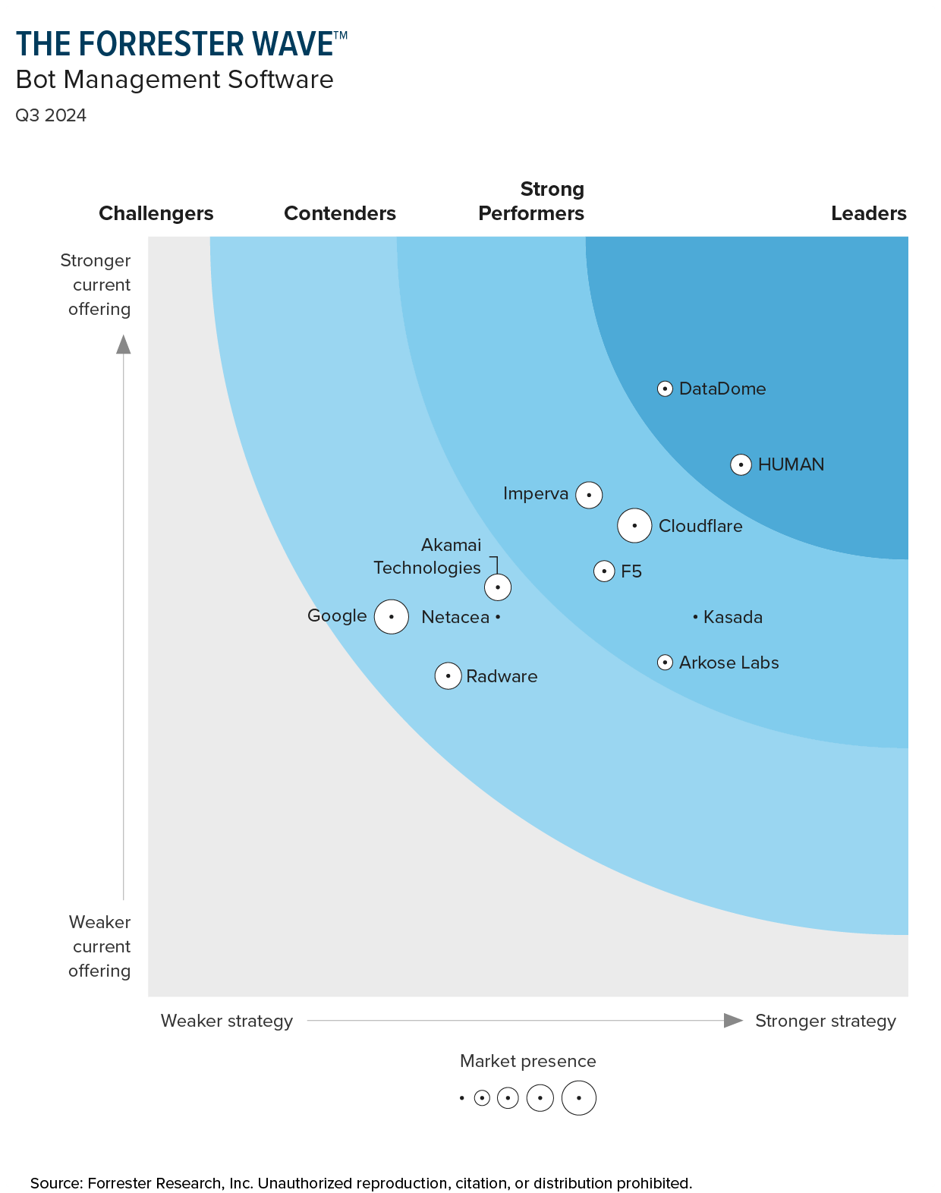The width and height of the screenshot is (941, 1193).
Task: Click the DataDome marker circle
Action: pos(665,389)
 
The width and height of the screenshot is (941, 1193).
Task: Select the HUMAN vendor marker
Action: pos(741,464)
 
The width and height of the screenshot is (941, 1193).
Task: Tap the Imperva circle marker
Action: pos(589,495)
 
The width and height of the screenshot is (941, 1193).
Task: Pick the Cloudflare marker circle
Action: pos(634,525)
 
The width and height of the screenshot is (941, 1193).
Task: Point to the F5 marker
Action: pos(604,571)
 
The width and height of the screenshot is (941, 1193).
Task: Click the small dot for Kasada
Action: pos(695,617)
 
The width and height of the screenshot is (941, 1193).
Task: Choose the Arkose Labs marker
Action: pos(665,663)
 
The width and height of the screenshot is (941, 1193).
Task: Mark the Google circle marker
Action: pos(392,616)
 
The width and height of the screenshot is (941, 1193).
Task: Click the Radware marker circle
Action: pos(448,675)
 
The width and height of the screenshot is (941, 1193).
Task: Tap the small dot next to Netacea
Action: pos(498,617)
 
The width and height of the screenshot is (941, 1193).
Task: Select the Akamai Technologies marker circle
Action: pos(498,587)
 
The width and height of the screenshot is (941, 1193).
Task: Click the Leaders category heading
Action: pos(868,213)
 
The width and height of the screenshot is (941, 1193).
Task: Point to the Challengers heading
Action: pos(156,213)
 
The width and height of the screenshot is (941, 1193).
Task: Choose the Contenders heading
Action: pos(340,213)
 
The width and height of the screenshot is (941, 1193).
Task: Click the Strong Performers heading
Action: pos(531,201)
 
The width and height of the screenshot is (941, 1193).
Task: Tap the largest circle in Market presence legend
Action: pos(579,1098)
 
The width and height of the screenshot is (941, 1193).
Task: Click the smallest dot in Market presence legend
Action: pos(461,1098)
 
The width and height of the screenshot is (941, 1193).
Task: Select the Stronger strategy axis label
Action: pos(825,1021)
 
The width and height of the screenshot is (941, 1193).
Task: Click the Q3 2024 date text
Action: pos(51,115)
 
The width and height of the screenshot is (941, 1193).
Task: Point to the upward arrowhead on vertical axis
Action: pos(124,345)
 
